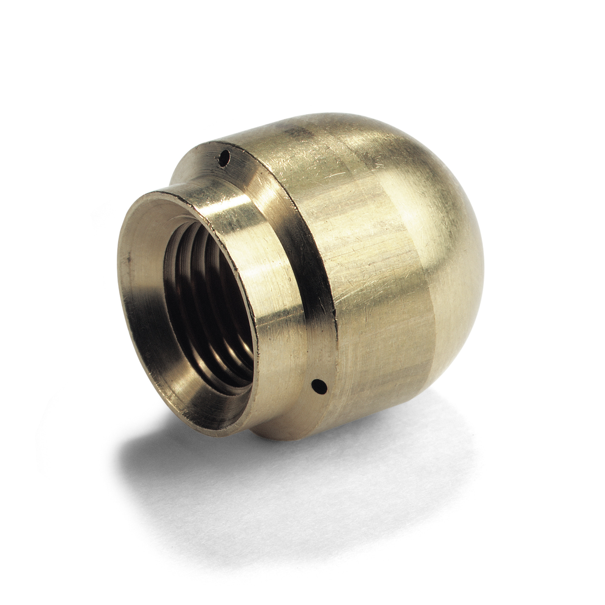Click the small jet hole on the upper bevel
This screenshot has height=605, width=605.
(224, 155)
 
